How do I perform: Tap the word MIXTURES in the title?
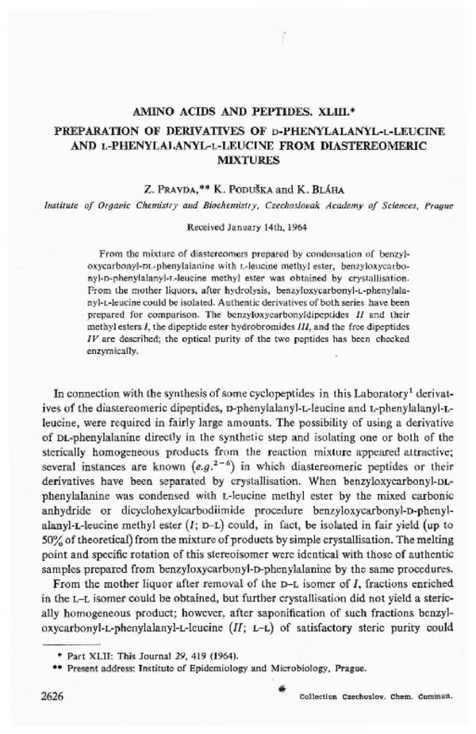pyautogui.click(x=238, y=159)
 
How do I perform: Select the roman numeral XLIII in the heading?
pyautogui.click(x=340, y=113)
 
